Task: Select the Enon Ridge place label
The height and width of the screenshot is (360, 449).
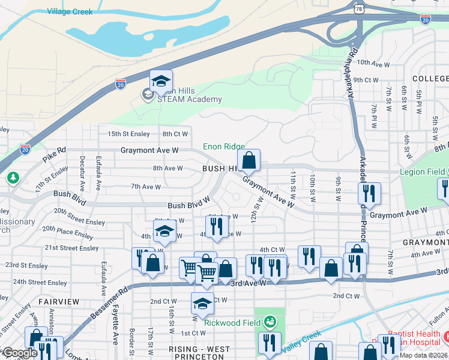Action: (x=223, y=146)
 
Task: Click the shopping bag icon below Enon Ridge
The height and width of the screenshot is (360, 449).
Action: (x=249, y=161)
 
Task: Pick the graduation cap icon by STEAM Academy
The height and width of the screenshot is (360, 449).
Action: (x=161, y=81)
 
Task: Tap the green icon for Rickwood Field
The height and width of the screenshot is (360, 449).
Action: (x=270, y=323)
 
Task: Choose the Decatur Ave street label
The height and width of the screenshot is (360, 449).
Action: (x=82, y=170)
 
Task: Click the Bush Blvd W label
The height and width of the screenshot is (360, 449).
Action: (x=188, y=205)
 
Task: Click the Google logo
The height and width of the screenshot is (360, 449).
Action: (x=19, y=353)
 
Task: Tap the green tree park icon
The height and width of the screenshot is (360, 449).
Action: (x=13, y=178)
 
